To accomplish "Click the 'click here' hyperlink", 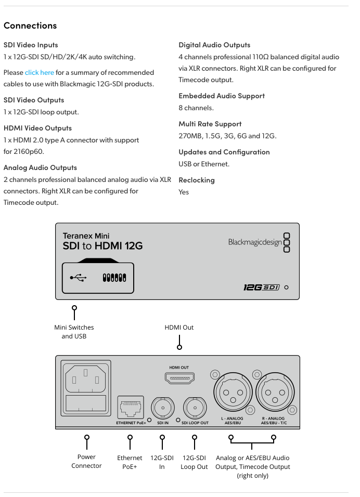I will point(40,73).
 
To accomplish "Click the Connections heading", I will point(30,25).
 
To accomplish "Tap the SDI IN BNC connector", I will point(163,408).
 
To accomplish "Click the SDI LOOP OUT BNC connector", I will point(195,408).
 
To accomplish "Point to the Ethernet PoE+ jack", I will point(130,407).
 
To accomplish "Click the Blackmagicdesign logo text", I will point(255,242).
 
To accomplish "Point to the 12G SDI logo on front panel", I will point(262,287).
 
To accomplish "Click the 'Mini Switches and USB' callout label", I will point(74,332).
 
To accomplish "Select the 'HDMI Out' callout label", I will point(179,328).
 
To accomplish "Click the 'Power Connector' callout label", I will point(86,461).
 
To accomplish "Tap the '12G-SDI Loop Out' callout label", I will point(195,462).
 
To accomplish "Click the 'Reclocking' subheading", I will point(197,180).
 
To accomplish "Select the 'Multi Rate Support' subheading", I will point(210,124).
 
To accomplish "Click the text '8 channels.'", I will point(196,108).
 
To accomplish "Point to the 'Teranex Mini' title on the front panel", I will point(86,236).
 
